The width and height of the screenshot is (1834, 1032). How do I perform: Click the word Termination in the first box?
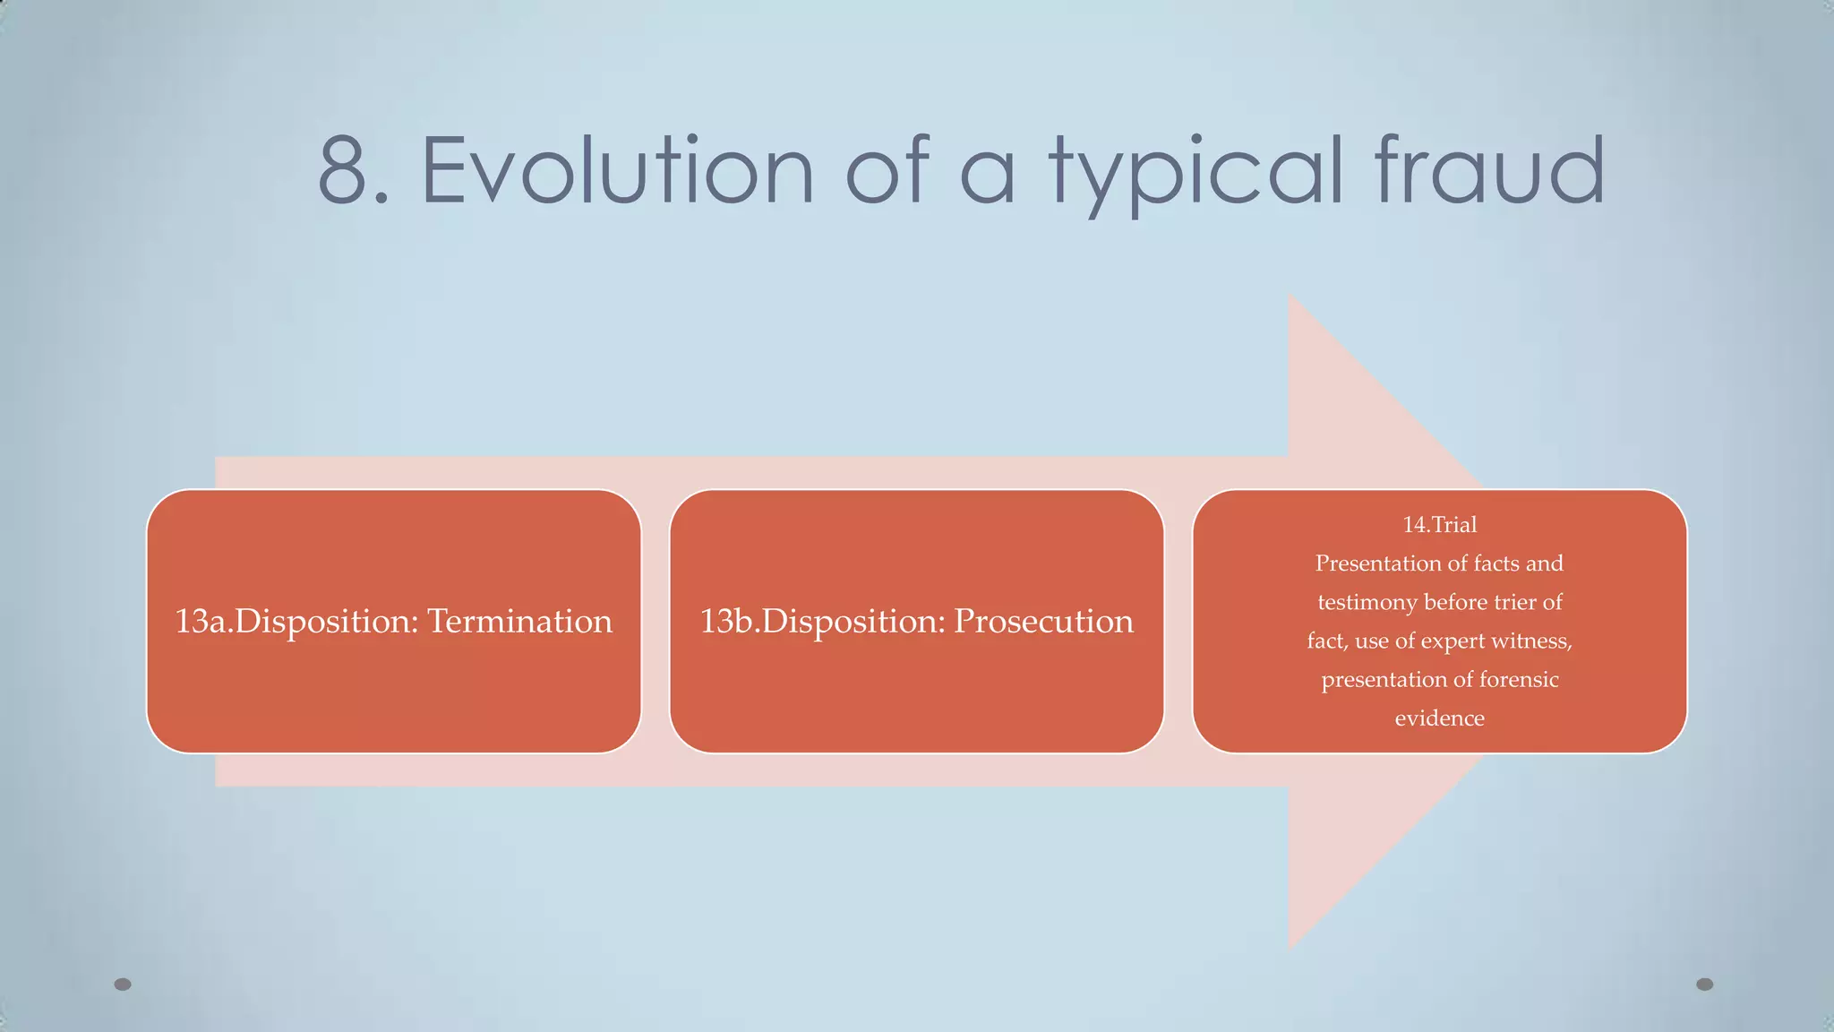coord(519,621)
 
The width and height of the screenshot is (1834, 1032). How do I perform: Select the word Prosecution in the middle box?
coord(1043,621)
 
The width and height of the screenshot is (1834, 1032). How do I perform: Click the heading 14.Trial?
coord(1439,524)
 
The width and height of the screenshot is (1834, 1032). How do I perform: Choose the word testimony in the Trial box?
coord(1367,602)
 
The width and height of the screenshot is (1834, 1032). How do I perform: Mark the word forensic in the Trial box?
coord(1519,679)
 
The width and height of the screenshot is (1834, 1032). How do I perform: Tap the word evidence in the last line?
coord(1439,718)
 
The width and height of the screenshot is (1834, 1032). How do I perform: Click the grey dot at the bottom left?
coord(123,984)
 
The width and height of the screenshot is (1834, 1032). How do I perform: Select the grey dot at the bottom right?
coord(1705,984)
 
